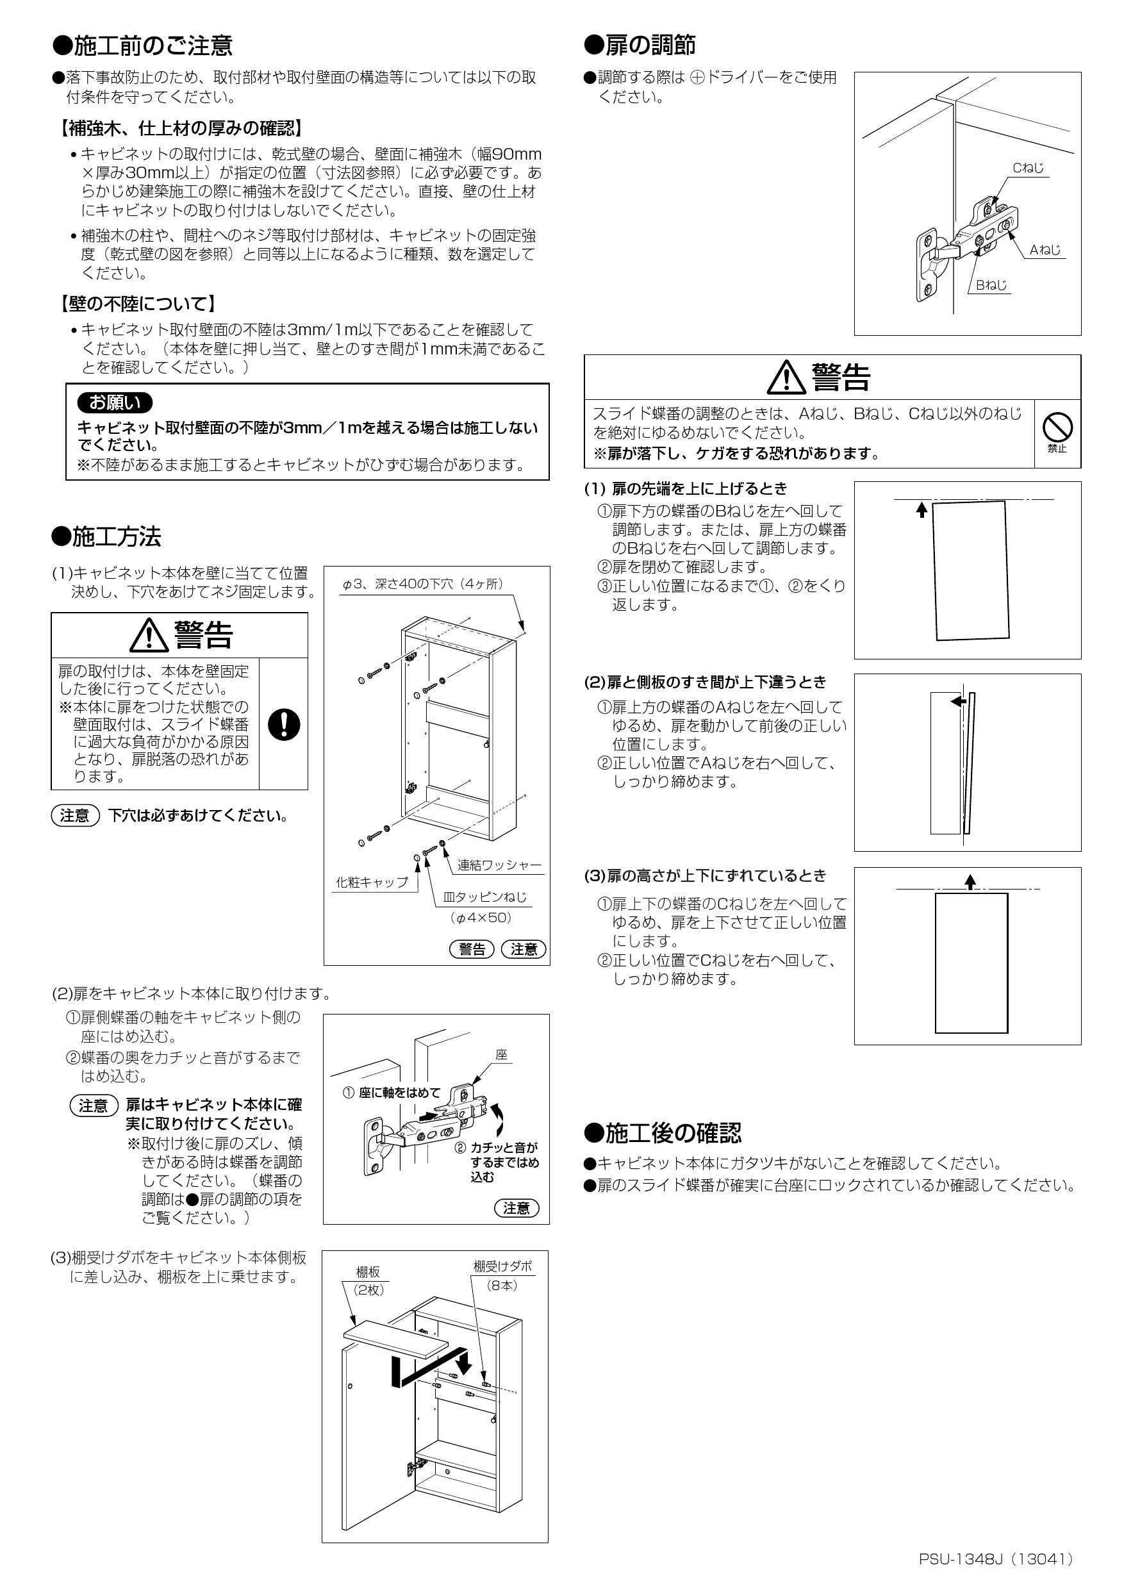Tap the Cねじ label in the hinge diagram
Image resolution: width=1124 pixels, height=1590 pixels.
pos(1028,167)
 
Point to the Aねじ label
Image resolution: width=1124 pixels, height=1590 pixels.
pos(1045,250)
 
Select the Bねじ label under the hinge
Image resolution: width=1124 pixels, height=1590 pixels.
pos(991,285)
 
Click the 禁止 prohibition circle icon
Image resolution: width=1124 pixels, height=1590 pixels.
pos(1057,427)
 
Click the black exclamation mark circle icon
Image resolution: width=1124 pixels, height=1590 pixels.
pos(283,724)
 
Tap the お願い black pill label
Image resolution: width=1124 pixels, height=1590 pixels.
pos(115,402)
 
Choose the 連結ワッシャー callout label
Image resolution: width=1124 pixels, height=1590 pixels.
pos(499,865)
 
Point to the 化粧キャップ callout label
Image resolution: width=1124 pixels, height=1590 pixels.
pos(372,882)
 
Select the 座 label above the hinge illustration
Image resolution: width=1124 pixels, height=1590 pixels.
pos(501,1056)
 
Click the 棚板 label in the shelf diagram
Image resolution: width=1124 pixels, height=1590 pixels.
pos(368,1272)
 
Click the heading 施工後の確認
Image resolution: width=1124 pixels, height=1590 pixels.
pos(663,1133)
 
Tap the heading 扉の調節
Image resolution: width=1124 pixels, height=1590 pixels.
pos(640,46)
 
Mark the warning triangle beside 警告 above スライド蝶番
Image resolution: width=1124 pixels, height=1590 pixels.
pos(787,377)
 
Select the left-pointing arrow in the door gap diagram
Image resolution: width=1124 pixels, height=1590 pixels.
pos(959,701)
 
